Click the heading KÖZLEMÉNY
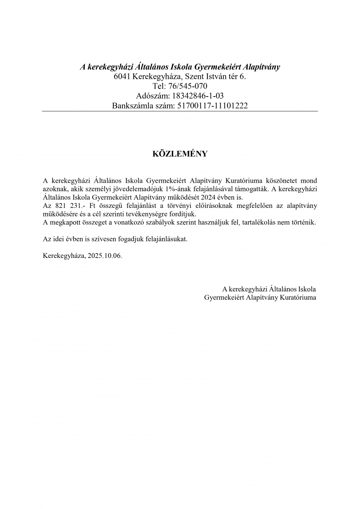180,154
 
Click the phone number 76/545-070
188,86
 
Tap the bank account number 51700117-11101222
212,106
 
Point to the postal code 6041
122,76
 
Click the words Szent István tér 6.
215,76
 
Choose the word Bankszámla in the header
131,106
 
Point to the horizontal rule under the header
180,111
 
